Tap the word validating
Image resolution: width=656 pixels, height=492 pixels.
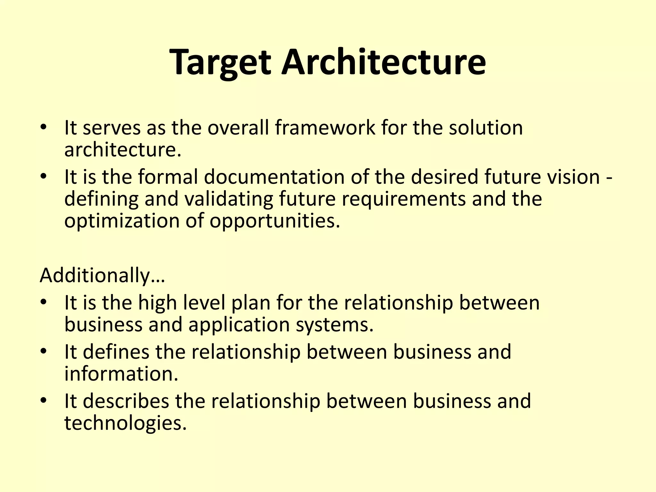228,199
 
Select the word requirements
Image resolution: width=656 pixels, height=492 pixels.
404,200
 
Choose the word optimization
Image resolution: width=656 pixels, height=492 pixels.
121,221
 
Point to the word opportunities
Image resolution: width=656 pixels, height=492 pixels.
275,221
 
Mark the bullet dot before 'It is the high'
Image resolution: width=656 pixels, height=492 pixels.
44,302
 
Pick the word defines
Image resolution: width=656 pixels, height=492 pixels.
116,352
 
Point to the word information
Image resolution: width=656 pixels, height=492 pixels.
121,374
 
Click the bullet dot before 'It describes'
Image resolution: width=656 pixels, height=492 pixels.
44,401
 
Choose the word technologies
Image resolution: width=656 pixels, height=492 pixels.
125,423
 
